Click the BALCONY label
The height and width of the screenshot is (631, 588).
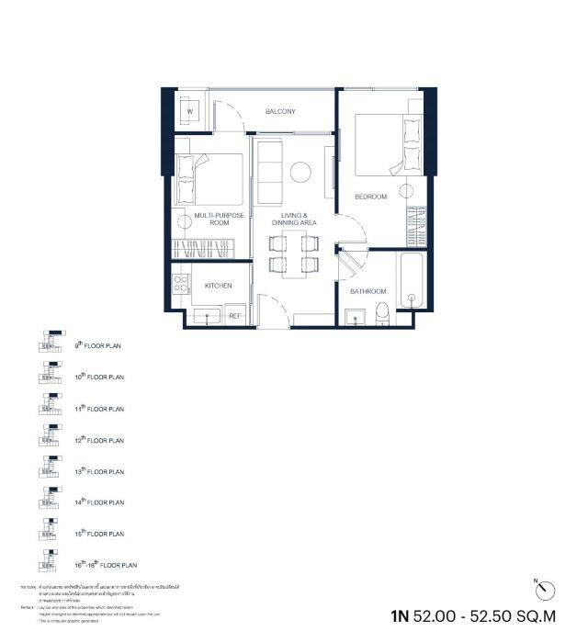click(280, 112)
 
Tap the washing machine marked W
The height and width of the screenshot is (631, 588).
click(190, 112)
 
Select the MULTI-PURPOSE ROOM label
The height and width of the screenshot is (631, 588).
click(211, 219)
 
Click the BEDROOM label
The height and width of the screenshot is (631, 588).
click(371, 197)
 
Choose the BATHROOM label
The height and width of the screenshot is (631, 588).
click(367, 291)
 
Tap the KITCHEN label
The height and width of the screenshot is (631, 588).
click(218, 286)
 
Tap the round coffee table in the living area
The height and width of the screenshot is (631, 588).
click(300, 172)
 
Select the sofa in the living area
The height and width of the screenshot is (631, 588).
click(269, 174)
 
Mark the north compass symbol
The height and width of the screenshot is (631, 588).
click(544, 587)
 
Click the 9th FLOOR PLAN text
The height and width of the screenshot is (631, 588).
click(98, 346)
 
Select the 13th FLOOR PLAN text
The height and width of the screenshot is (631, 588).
click(98, 471)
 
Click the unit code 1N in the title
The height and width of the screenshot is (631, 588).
click(399, 613)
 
